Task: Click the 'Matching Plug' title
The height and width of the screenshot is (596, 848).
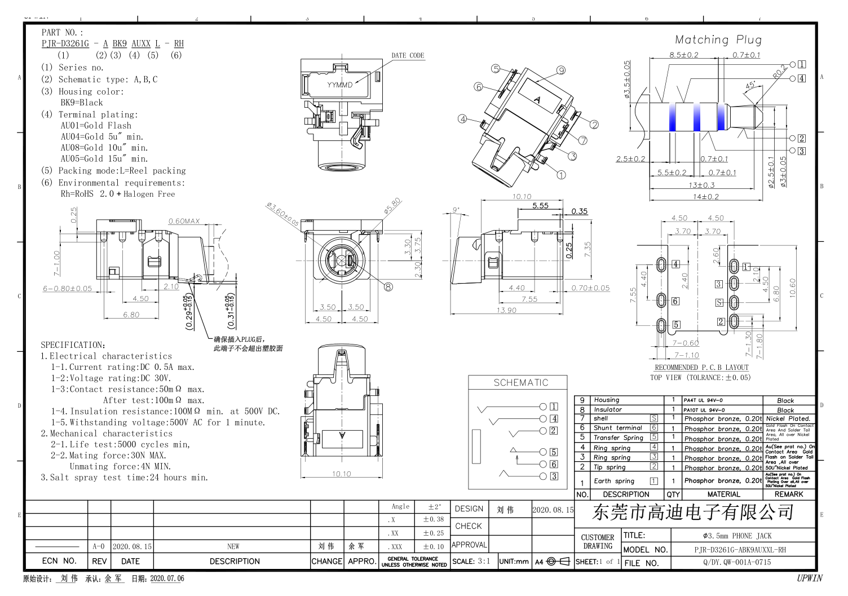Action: click(x=718, y=39)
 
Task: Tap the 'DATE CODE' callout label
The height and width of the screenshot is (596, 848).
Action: click(x=408, y=55)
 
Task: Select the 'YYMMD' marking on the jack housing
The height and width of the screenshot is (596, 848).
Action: click(x=339, y=85)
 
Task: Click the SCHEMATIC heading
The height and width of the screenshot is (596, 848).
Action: click(x=520, y=382)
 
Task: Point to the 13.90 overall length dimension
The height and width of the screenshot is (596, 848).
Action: click(x=506, y=310)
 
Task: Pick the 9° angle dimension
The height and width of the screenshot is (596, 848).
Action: click(x=456, y=210)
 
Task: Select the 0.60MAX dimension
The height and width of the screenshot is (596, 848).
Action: click(x=184, y=221)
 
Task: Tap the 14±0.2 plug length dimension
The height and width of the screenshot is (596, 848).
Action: click(x=705, y=196)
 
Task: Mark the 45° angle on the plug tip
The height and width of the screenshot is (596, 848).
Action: click(x=750, y=86)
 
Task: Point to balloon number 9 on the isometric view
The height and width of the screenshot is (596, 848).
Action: click(x=560, y=70)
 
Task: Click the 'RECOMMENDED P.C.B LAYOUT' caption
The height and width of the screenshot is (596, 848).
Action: click(x=701, y=367)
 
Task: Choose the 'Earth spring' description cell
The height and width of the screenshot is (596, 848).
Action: click(x=613, y=481)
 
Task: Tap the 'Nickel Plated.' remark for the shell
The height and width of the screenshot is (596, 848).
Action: click(x=788, y=418)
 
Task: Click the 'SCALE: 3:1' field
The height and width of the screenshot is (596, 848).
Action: click(x=471, y=561)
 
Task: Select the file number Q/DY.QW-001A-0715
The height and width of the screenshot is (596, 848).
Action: click(x=736, y=562)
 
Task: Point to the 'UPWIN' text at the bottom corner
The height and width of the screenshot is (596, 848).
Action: click(x=809, y=578)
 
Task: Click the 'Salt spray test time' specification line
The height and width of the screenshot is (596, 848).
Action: click(x=124, y=478)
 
